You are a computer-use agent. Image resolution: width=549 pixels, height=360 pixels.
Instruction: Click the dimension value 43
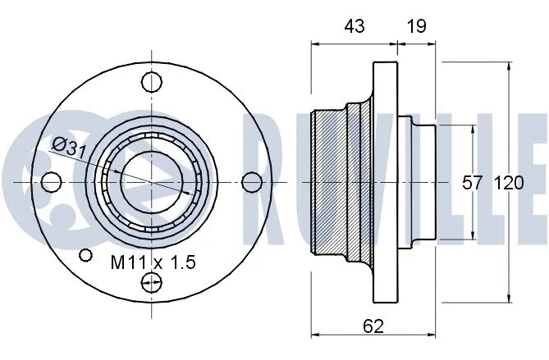click(354, 26)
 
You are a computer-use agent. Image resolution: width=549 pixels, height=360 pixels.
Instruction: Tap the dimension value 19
click(416, 26)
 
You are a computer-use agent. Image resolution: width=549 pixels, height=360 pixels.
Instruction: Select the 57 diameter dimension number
click(471, 183)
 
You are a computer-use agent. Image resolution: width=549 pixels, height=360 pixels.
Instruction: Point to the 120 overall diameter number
click(508, 183)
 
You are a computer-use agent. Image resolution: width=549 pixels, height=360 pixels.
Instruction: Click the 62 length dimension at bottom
click(373, 326)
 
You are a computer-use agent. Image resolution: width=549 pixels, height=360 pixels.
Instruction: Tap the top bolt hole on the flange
click(151, 82)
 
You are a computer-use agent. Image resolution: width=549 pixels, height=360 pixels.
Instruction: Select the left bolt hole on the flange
click(52, 181)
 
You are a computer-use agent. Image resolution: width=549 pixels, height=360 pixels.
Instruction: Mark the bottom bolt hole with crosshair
click(151, 283)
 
